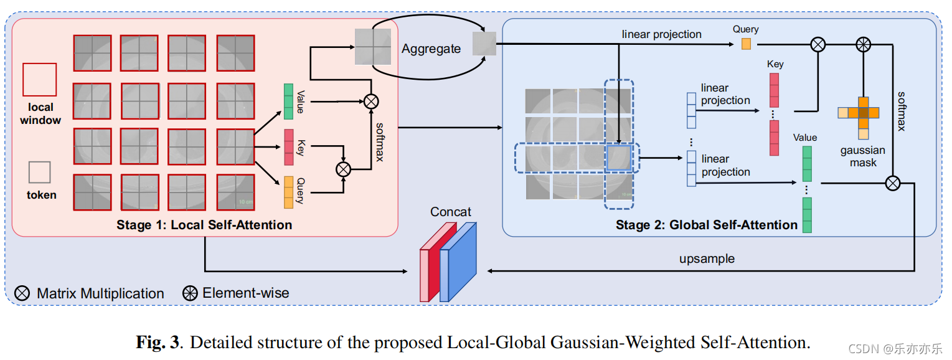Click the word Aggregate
(x=431, y=49)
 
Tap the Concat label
(x=451, y=212)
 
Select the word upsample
(x=707, y=258)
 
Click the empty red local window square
(x=39, y=80)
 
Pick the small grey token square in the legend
(x=39, y=172)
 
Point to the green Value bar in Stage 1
(x=288, y=102)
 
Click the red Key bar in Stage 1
(x=288, y=147)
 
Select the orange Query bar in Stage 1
(x=288, y=192)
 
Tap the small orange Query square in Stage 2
(x=746, y=44)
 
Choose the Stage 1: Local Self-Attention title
(x=204, y=225)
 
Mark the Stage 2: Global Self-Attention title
(x=706, y=225)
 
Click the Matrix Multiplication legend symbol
(x=22, y=293)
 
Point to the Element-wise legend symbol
(x=190, y=293)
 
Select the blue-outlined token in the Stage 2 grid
(x=618, y=158)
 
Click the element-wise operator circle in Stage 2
(x=863, y=45)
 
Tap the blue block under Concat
(x=458, y=262)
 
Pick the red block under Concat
(x=438, y=262)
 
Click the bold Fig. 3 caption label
(x=159, y=343)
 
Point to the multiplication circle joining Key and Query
(x=344, y=169)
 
